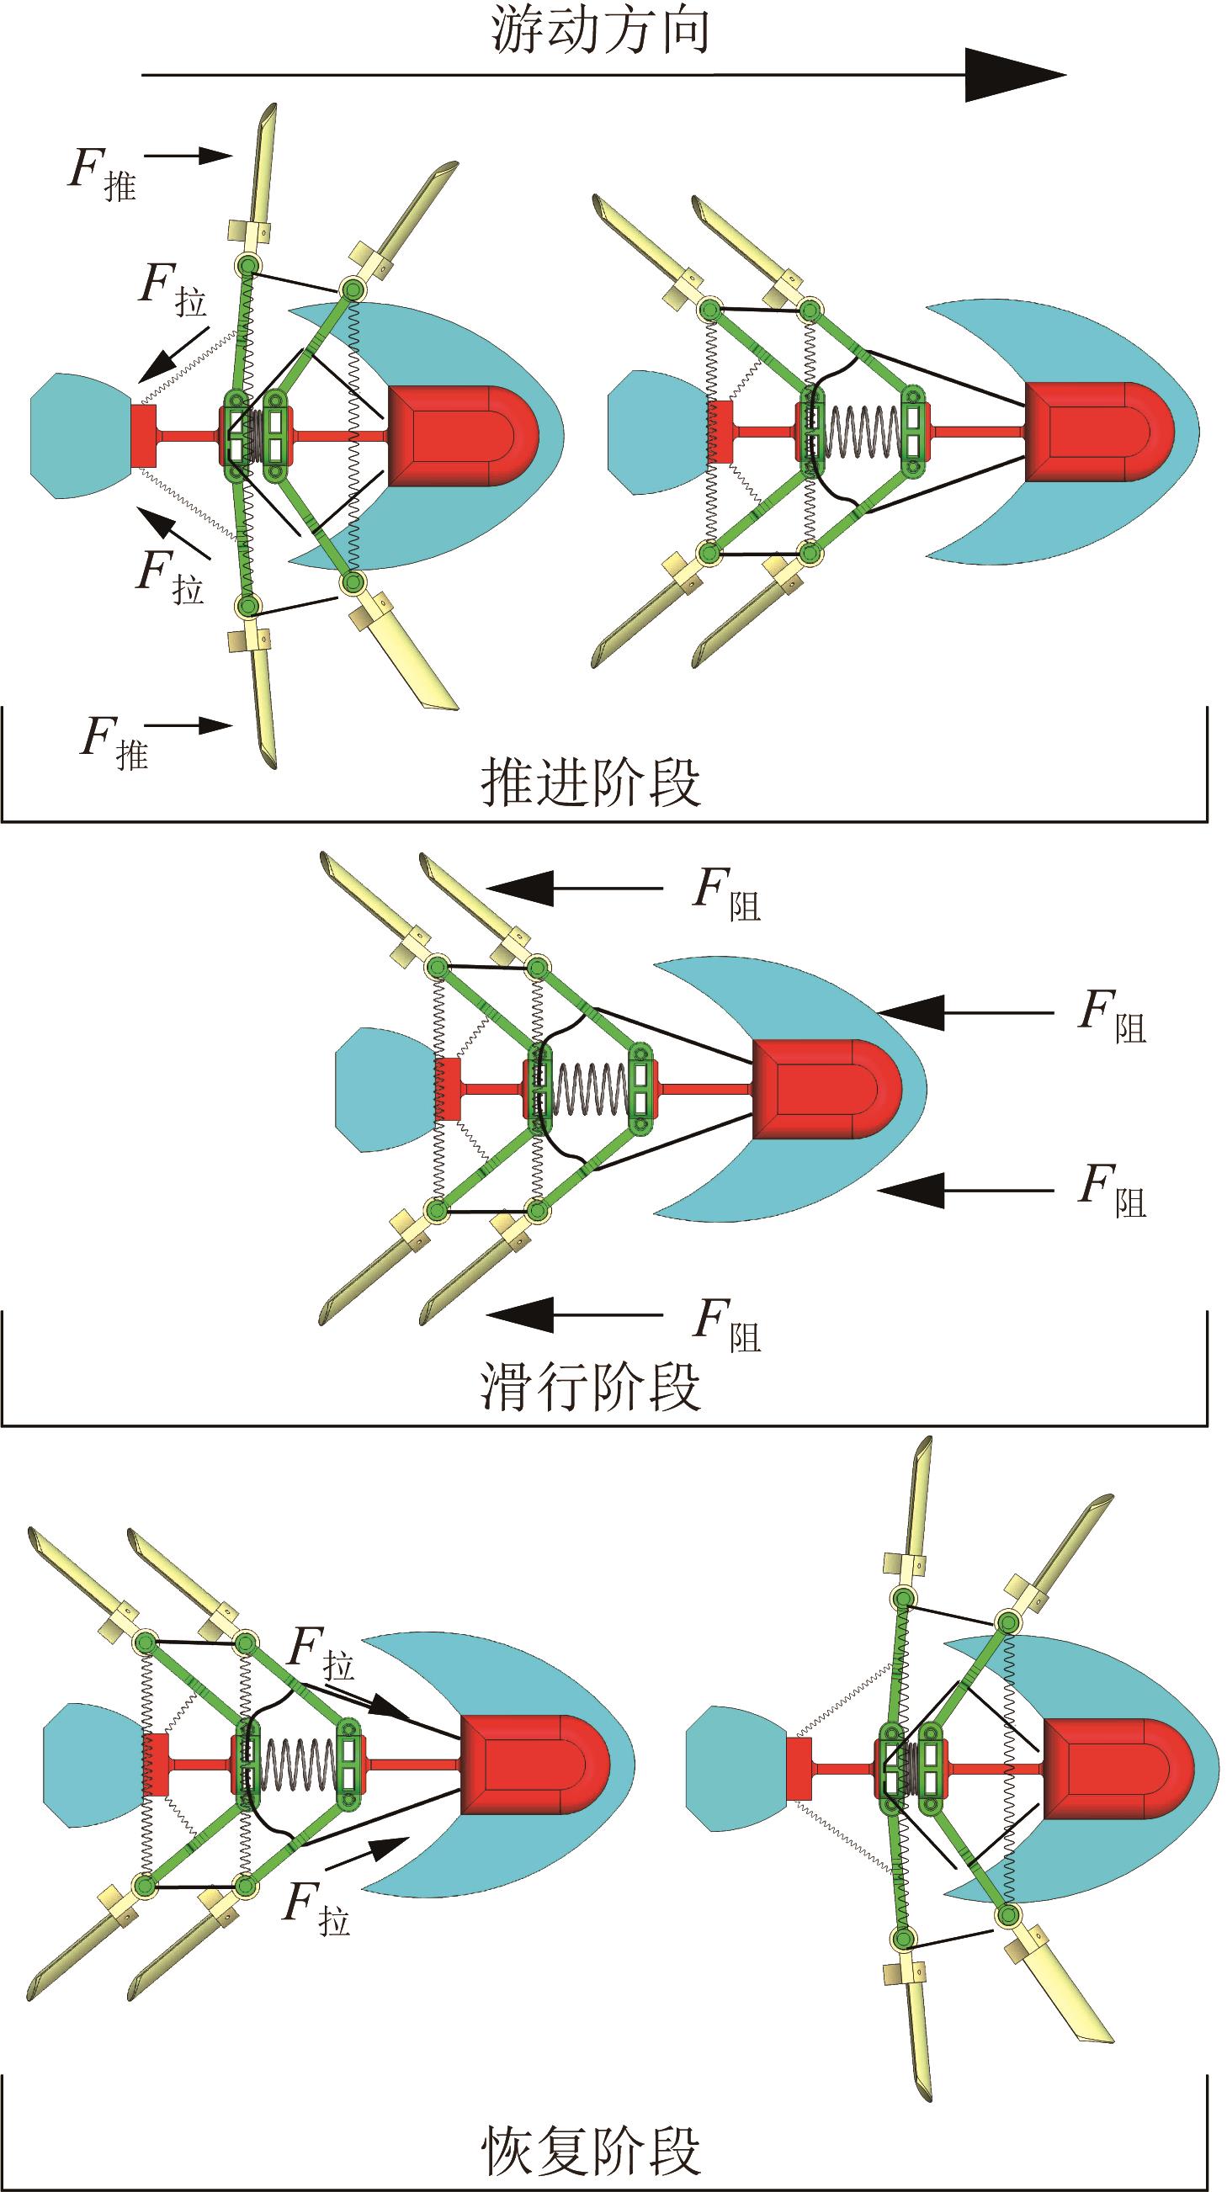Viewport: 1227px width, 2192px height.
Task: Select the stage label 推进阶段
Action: tap(591, 781)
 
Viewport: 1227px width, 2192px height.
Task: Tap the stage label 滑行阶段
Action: tap(591, 1387)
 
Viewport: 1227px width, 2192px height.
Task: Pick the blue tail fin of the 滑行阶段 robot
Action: tap(383, 1088)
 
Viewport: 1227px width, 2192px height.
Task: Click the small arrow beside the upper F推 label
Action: tap(189, 155)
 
